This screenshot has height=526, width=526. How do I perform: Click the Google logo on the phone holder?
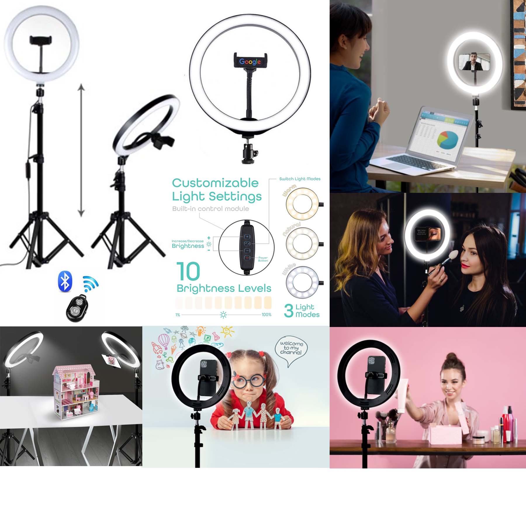click(250, 61)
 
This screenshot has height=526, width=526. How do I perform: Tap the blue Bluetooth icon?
click(65, 281)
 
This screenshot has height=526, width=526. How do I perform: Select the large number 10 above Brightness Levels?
click(188, 271)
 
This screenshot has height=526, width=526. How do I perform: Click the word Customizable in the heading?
click(215, 183)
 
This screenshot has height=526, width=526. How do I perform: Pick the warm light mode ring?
click(302, 203)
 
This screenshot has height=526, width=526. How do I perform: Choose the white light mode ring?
click(302, 282)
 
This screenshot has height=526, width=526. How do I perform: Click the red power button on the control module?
click(247, 258)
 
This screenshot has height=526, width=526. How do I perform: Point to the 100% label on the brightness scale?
click(266, 315)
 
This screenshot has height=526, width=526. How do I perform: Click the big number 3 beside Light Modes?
click(288, 310)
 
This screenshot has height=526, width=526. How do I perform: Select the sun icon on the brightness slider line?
click(223, 315)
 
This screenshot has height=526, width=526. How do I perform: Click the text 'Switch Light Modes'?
click(300, 179)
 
